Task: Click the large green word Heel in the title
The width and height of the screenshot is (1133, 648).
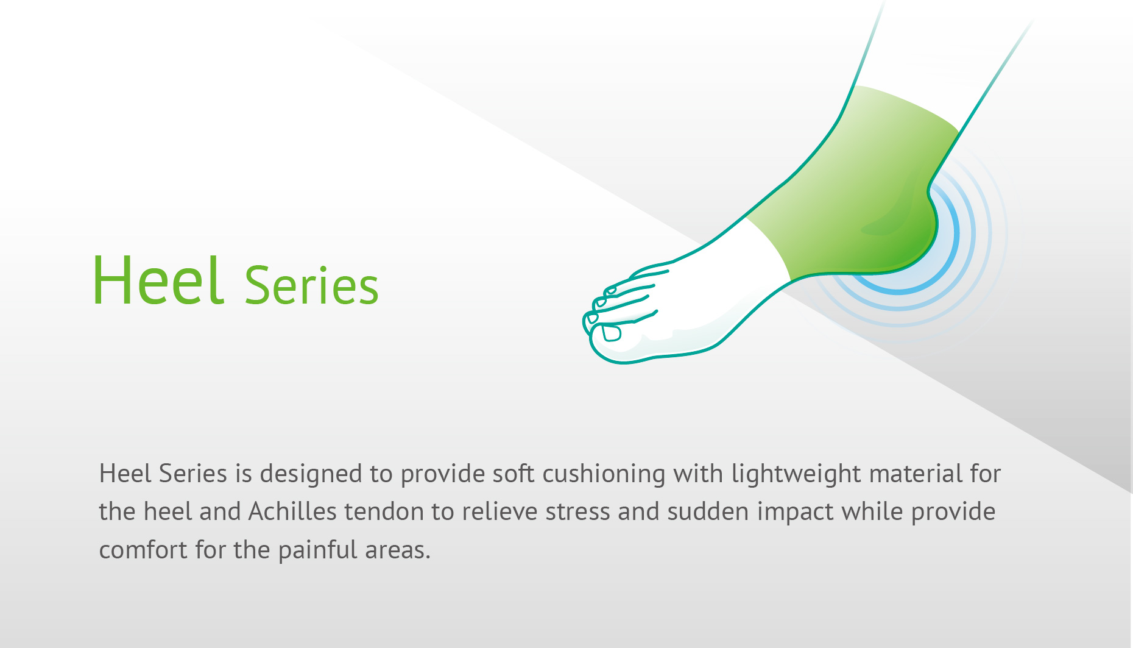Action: pyautogui.click(x=158, y=280)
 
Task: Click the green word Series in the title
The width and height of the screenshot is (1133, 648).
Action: pyautogui.click(x=311, y=285)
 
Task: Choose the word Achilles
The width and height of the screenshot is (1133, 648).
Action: pyautogui.click(x=292, y=511)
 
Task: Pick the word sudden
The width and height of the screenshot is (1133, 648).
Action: pyautogui.click(x=708, y=511)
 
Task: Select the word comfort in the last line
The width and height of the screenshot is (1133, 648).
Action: pyautogui.click(x=143, y=549)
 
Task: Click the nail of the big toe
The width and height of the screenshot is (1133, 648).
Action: pyautogui.click(x=612, y=333)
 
